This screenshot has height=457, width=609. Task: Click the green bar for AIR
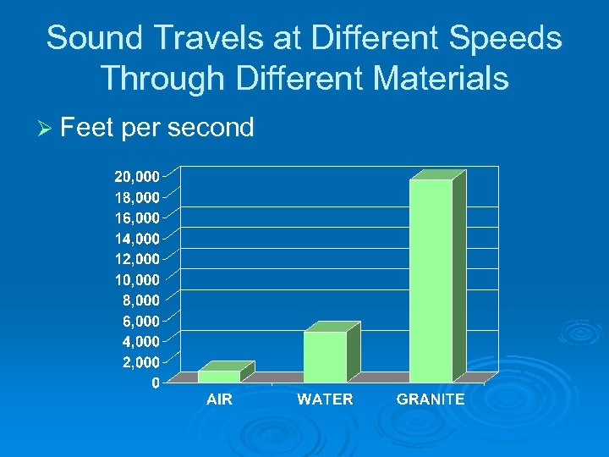point(219,376)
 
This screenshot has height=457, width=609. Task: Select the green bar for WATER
point(325,356)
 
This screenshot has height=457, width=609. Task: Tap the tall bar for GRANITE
point(431,280)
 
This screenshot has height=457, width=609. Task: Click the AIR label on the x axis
point(219,399)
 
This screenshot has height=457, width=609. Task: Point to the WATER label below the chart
point(325,399)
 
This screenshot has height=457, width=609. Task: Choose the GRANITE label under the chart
point(431,399)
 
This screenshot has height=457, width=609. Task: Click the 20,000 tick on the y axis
point(137,177)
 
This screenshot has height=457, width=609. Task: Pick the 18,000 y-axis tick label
point(137,197)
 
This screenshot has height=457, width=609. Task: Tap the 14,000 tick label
point(137,239)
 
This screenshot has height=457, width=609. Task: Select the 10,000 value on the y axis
point(137,279)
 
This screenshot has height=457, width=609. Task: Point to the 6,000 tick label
point(140,321)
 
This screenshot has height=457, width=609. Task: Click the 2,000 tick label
point(140,362)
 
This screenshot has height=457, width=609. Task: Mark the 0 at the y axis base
point(155,383)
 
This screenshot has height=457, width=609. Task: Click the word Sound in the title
point(90,38)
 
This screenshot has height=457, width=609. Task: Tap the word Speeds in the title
point(511,38)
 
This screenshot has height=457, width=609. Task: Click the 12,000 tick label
point(137,259)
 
